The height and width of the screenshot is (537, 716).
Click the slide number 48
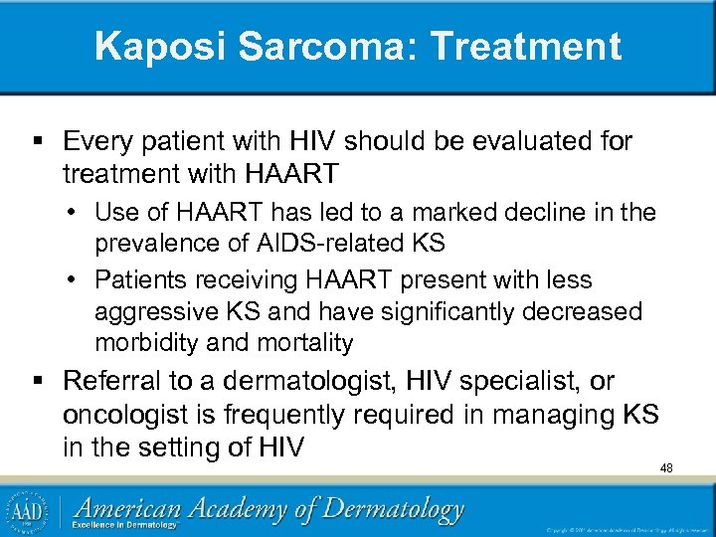[x=666, y=467]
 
